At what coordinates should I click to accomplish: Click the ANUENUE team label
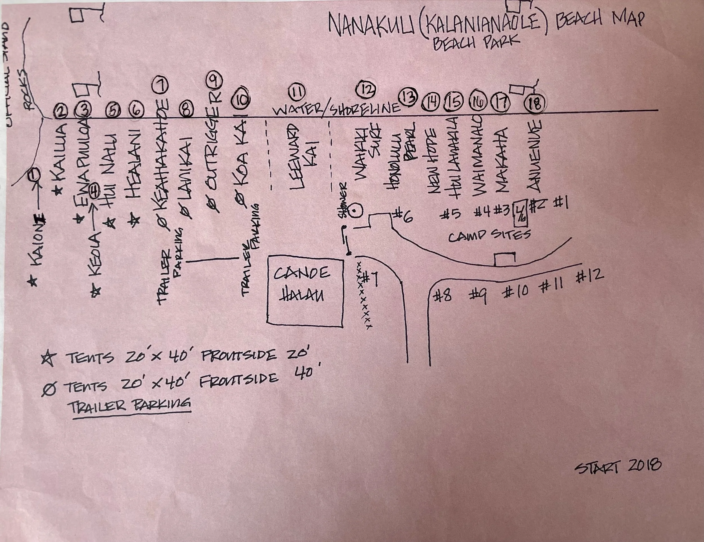click(534, 157)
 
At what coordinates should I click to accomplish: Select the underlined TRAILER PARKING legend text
click(129, 405)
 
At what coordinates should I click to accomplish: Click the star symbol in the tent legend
click(49, 359)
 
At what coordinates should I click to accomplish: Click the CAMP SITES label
click(489, 236)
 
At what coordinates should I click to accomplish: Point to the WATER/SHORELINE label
click(337, 109)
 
